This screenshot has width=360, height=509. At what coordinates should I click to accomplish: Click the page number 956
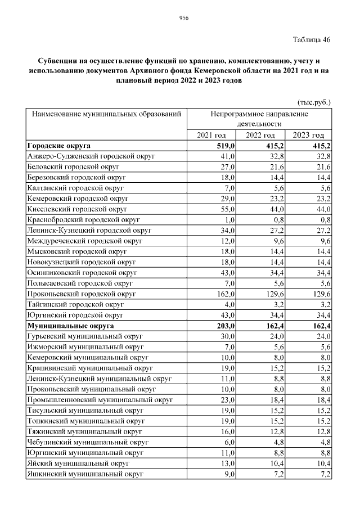pos(183,18)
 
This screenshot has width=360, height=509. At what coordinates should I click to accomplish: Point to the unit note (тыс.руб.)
pos(314,102)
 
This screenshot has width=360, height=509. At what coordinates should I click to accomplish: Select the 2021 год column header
pos(211,136)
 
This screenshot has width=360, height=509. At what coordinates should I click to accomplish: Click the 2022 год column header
pos(260,136)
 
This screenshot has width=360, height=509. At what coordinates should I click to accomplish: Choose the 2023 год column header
pos(309,136)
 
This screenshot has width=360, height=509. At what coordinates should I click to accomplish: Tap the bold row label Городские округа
pos(59,146)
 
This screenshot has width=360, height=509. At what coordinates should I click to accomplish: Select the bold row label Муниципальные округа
pos(70,326)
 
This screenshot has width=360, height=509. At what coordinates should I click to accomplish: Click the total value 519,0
pos(224,146)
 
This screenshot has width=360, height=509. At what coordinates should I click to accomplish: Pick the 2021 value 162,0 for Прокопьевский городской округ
pos(224,294)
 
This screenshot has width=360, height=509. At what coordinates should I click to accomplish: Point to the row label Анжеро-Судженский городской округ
pos(91,156)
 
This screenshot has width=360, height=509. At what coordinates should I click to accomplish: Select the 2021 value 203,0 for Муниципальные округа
pos(224,326)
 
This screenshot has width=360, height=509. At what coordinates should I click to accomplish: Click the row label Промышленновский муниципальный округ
pos(100,400)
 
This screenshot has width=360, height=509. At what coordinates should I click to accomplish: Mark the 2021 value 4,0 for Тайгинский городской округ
pos(228,304)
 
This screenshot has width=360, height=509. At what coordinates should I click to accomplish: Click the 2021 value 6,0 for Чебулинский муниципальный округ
pos(228,442)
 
